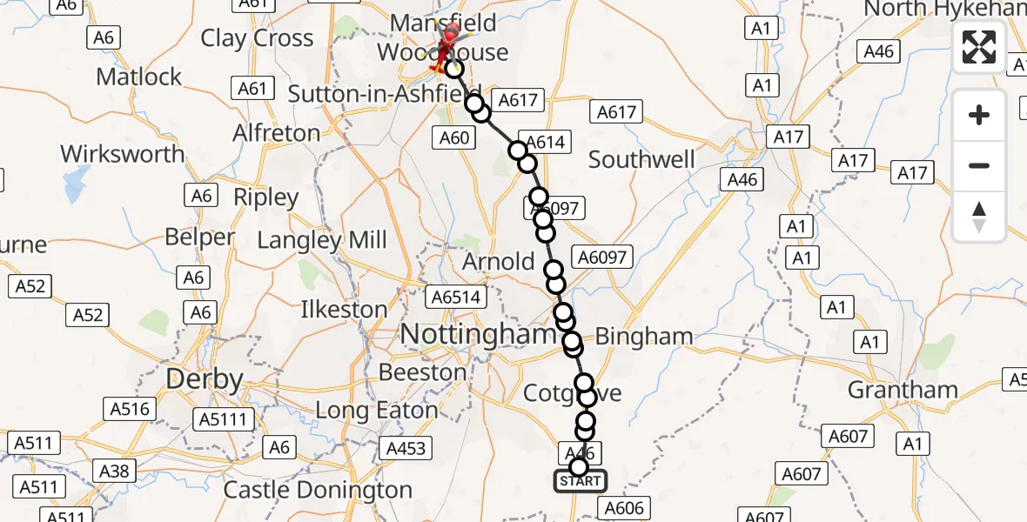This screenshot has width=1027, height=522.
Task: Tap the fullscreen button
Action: tap(979, 47)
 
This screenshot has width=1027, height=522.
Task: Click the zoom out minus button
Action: tap(979, 165)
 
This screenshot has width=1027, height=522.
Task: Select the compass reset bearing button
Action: tap(979, 217)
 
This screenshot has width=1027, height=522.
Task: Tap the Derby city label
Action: tap(205, 380)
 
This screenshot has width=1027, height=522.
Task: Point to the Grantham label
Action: tap(903, 389)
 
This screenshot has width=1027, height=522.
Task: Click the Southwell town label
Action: tap(641, 159)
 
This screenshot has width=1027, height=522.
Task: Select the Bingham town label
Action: tap(644, 336)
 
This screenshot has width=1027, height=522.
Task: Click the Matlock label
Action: tap(139, 77)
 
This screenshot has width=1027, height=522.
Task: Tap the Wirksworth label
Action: tap(123, 154)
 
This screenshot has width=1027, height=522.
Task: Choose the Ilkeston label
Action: tap(344, 309)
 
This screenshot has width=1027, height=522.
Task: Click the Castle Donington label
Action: tap(318, 490)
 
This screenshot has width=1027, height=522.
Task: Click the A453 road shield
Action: tap(406, 448)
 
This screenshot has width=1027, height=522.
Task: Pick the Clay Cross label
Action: tap(257, 38)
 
